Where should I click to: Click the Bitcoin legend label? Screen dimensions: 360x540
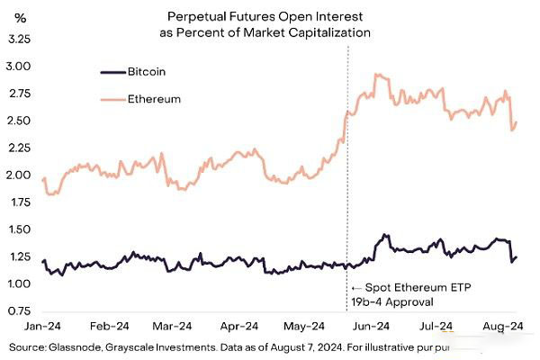(146, 70)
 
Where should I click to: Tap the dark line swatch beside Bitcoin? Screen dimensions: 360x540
(111, 70)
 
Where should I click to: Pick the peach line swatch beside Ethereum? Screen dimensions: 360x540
(111, 99)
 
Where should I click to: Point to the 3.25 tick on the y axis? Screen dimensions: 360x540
(19, 40)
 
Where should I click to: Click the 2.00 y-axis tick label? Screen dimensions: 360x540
(19, 175)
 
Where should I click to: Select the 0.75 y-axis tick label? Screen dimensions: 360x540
(19, 311)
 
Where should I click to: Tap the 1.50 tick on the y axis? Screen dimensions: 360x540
(19, 230)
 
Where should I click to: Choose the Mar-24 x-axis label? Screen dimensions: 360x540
(173, 326)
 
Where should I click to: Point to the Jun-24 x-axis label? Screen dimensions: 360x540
(371, 326)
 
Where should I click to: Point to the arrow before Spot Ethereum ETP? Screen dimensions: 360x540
(355, 287)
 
